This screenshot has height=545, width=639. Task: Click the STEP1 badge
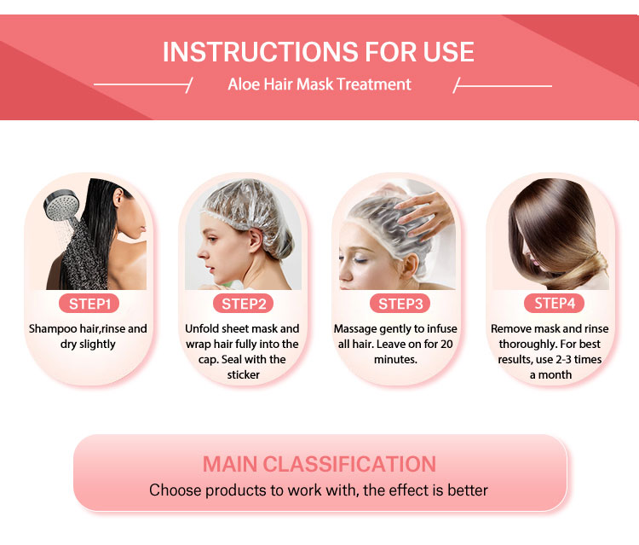[88, 304]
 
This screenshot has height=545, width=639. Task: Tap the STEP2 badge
[244, 304]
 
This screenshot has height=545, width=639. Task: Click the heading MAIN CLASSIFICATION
[319, 464]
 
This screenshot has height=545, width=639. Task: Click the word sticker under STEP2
[244, 374]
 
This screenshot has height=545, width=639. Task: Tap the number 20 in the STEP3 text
[449, 344]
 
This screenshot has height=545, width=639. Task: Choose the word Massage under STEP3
[357, 328]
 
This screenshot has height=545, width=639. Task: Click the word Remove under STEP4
[513, 328]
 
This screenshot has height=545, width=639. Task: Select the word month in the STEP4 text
[556, 374]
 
